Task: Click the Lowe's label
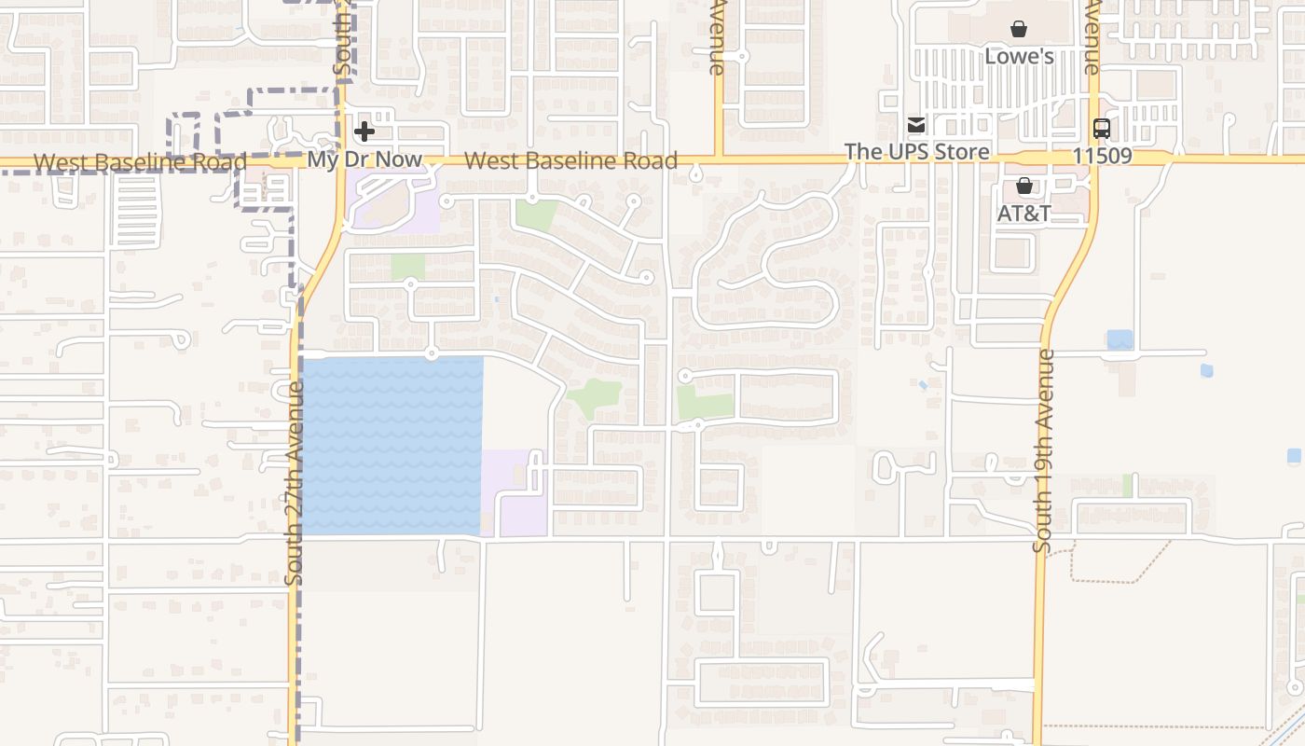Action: point(1019,57)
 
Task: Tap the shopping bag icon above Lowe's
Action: point(1019,30)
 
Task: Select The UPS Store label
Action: point(916,151)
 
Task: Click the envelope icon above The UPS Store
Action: point(916,125)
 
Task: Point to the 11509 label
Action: point(1102,156)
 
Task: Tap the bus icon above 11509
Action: point(1102,129)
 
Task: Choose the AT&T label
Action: point(1023,214)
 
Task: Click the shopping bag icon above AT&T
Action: point(1023,186)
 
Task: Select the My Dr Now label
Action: point(364,159)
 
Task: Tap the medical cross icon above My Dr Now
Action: point(364,132)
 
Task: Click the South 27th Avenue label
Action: point(295,482)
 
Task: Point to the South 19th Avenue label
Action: point(1043,450)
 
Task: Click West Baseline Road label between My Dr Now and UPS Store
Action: point(570,160)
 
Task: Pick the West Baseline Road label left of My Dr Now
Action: point(140,162)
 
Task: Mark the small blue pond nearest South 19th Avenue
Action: point(1120,339)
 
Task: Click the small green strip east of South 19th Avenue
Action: point(1127,486)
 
